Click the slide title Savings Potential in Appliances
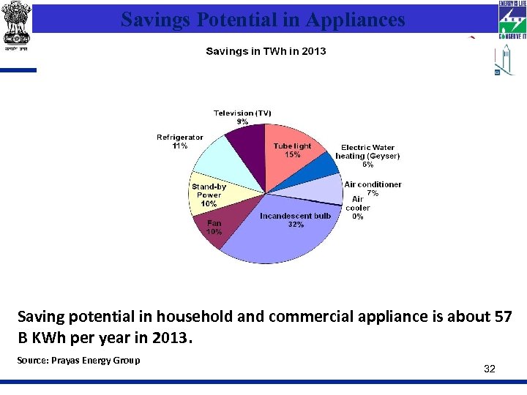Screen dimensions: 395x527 pyautogui.click(x=263, y=19)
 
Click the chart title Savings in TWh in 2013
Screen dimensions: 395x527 pyautogui.click(x=266, y=51)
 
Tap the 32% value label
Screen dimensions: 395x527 pyautogui.click(x=296, y=225)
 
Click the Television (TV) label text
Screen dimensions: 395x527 pyautogui.click(x=242, y=113)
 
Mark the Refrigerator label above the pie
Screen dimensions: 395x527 pyautogui.click(x=180, y=138)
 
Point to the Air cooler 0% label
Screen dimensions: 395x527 pyautogui.click(x=358, y=208)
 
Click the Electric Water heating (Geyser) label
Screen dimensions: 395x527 pyautogui.click(x=367, y=152)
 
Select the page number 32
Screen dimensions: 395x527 pyautogui.click(x=490, y=369)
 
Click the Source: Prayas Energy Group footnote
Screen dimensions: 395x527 pyautogui.click(x=79, y=360)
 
